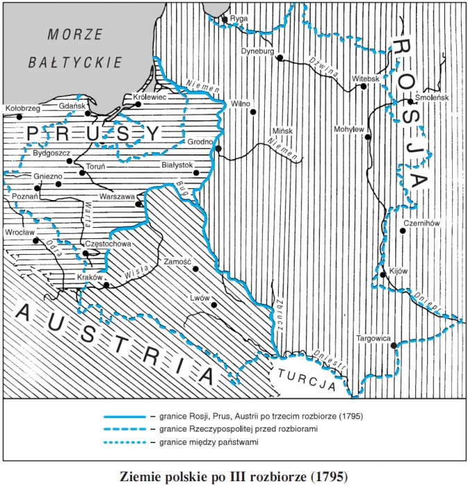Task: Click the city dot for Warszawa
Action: pos(139,204)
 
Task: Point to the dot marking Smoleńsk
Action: pos(410,102)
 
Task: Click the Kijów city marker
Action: pos(383,276)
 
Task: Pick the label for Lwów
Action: pos(200,298)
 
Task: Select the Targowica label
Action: pos(374,339)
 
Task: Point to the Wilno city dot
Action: pos(254,111)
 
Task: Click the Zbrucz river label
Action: pos(279,316)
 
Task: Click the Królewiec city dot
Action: pos(125,105)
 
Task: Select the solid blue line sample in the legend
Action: pos(124,417)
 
